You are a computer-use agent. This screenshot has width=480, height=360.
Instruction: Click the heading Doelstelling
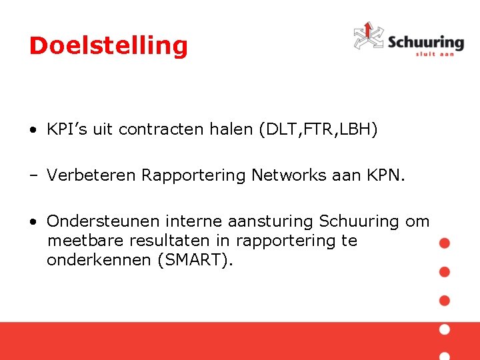pos(109,46)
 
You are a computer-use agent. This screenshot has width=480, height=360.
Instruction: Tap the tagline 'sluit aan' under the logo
pos(435,53)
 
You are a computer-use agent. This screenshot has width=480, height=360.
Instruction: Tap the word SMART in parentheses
pos(193,259)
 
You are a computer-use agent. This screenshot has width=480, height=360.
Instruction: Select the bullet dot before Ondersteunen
pos(33,221)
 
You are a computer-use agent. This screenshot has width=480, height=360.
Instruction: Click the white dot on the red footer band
pos(445,329)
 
